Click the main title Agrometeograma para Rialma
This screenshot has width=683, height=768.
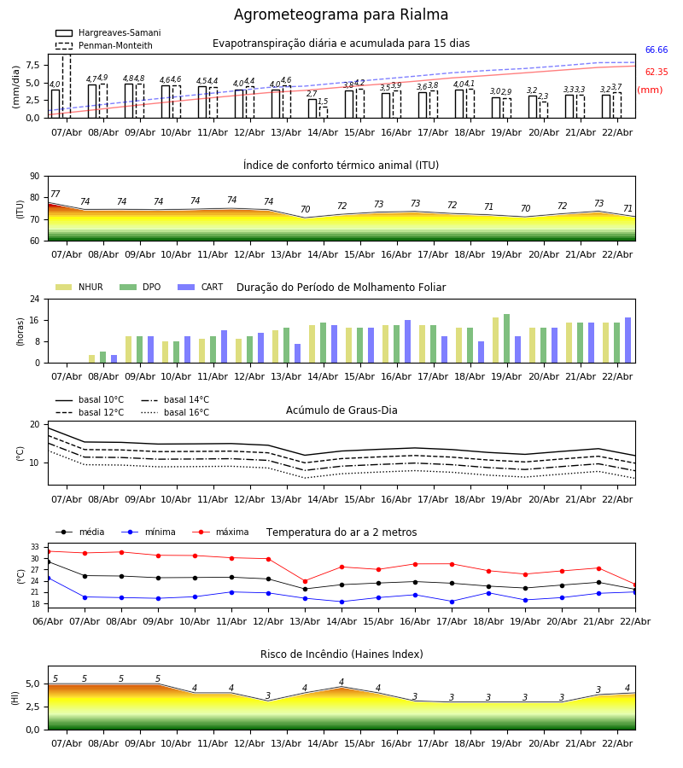[341, 15]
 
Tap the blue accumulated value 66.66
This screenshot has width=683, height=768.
[656, 50]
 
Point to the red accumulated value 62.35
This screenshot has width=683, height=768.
[656, 73]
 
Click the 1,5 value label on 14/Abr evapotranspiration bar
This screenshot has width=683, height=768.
[323, 102]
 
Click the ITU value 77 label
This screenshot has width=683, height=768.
[55, 195]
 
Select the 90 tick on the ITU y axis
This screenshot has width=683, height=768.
[34, 177]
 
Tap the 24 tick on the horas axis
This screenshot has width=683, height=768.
[34, 300]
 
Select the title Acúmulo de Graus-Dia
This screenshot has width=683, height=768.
[341, 410]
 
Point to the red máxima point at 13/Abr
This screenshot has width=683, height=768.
[305, 581]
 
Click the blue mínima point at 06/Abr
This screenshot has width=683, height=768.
[48, 578]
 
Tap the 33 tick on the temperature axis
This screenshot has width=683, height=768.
[34, 547]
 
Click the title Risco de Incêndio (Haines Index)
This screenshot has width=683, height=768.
[341, 655]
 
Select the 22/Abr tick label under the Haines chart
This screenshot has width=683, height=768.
[617, 742]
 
